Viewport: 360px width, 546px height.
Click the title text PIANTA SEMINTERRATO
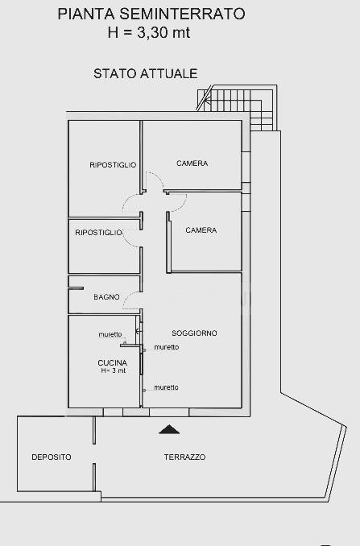pyautogui.click(x=151, y=14)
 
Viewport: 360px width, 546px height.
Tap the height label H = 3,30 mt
pyautogui.click(x=149, y=33)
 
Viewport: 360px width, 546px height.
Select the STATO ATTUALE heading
pyautogui.click(x=146, y=73)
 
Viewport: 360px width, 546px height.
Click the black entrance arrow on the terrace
pyautogui.click(x=169, y=429)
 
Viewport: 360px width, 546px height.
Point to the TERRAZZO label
pyautogui.click(x=184, y=457)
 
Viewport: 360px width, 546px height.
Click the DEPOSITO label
pyautogui.click(x=52, y=457)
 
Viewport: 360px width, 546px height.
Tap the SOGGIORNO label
pyautogui.click(x=194, y=333)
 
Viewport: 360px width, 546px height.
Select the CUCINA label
pyautogui.click(x=113, y=362)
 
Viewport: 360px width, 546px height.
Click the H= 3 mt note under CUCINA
pyautogui.click(x=114, y=370)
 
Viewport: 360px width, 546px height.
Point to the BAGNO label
pyautogui.click(x=106, y=296)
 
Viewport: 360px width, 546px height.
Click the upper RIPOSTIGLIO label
pyautogui.click(x=113, y=165)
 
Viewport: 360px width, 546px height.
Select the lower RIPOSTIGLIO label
pyautogui.click(x=98, y=232)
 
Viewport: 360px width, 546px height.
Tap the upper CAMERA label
pyautogui.click(x=192, y=163)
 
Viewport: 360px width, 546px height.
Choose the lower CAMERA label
pyautogui.click(x=201, y=230)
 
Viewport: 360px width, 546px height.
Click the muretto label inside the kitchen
pyautogui.click(x=110, y=334)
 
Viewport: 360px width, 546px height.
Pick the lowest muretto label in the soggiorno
pyautogui.click(x=166, y=387)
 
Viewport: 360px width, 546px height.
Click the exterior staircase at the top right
pyautogui.click(x=237, y=107)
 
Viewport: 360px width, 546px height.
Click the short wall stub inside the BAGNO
pyautogui.click(x=77, y=288)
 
